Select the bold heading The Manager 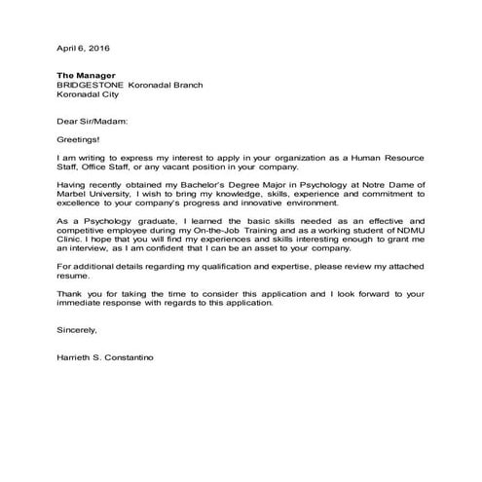(x=87, y=75)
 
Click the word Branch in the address (x=185, y=86)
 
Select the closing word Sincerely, (x=78, y=329)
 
